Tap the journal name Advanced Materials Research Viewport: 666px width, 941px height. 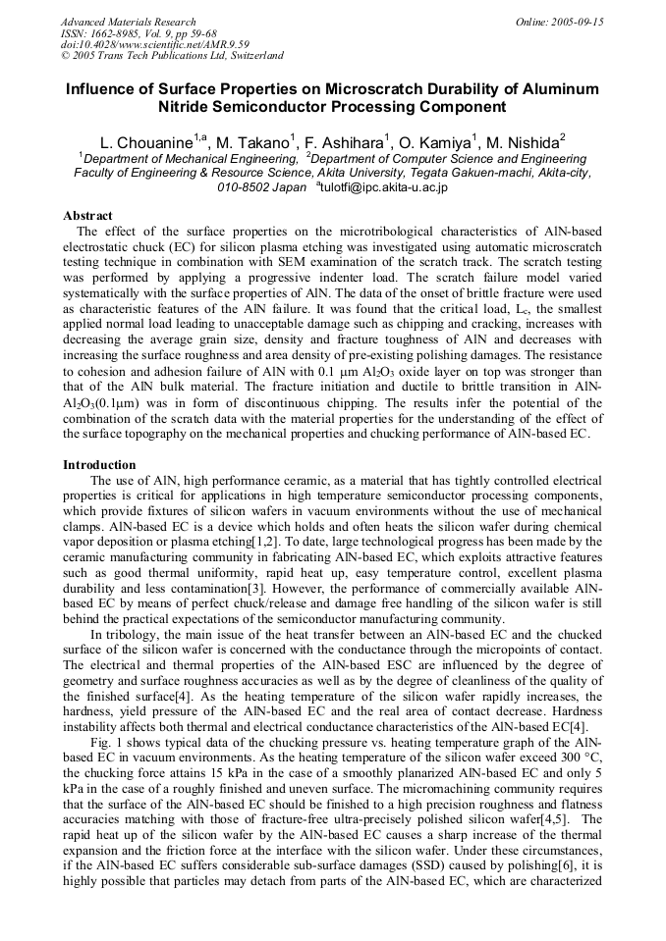pyautogui.click(x=129, y=22)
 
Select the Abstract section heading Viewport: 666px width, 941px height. pyautogui.click(x=87, y=216)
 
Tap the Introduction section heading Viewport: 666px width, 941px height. pyautogui.click(x=99, y=464)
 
